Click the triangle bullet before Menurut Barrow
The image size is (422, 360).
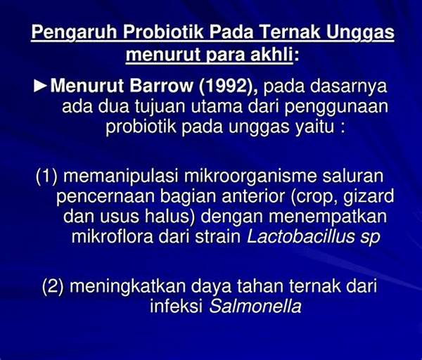coord(40,86)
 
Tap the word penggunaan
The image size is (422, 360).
coord(336,108)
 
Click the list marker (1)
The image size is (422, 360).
coord(46,176)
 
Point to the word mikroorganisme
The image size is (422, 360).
coord(250,176)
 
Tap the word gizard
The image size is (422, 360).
coord(369,197)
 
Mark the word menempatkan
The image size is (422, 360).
coord(328,217)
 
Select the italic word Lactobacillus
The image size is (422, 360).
coord(300,236)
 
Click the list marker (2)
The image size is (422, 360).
coord(53,287)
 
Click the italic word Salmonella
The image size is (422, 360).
coord(255,306)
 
